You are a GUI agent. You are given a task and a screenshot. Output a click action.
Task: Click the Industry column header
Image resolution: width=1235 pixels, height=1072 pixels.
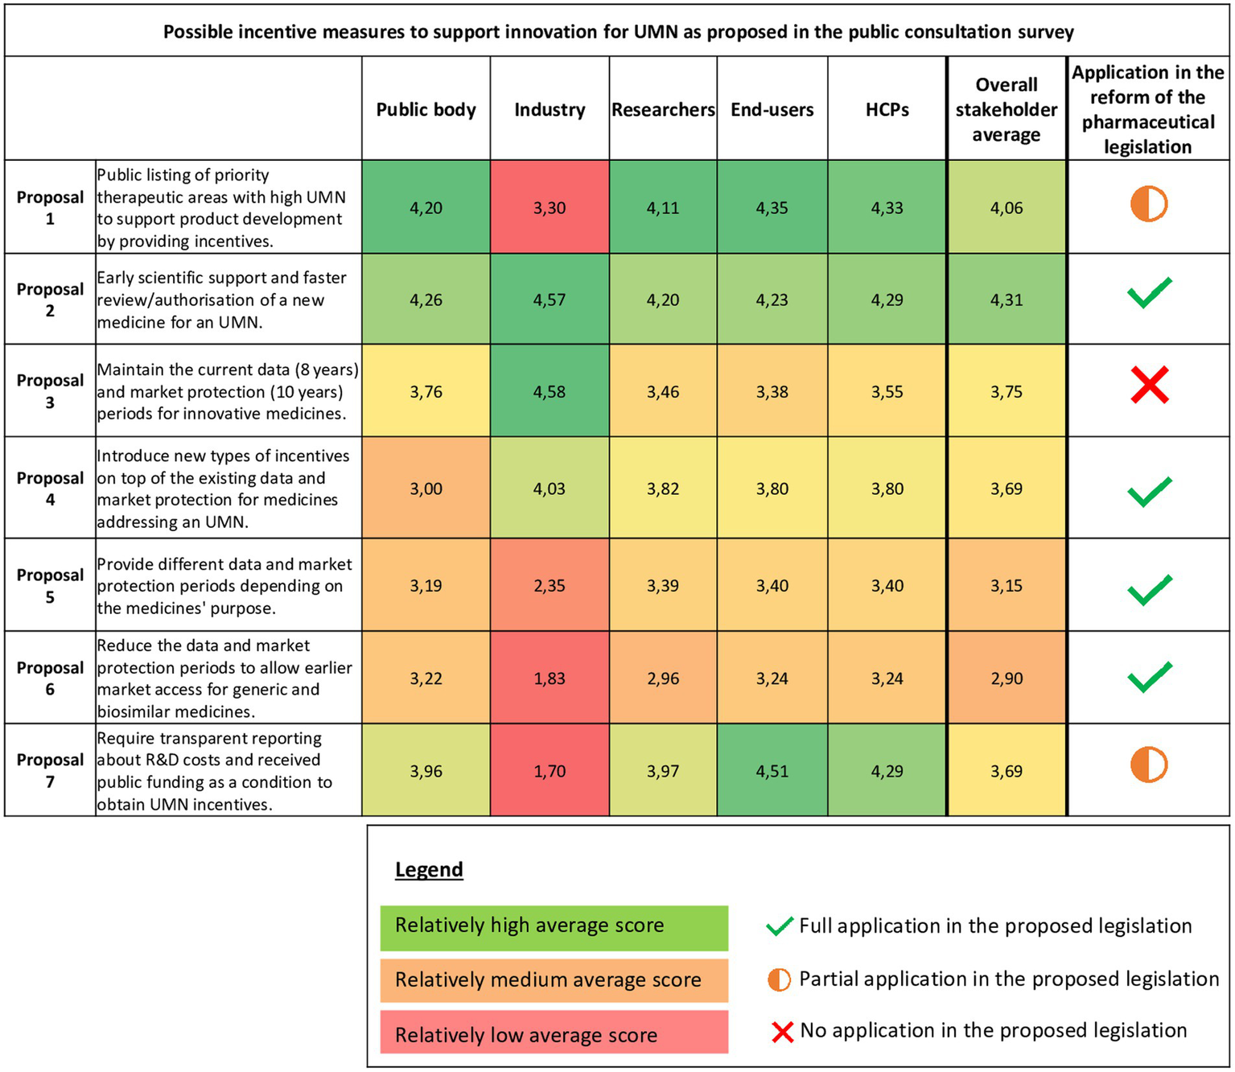(x=550, y=109)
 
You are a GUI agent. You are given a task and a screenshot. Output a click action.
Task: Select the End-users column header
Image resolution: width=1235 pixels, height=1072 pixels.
(x=772, y=109)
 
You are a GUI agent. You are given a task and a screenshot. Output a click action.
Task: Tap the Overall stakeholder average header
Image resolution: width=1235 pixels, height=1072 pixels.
(x=1006, y=109)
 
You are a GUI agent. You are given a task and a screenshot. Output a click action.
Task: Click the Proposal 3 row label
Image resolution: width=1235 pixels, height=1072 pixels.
(x=50, y=391)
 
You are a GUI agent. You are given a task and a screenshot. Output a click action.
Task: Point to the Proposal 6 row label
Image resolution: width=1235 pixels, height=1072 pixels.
(x=50, y=678)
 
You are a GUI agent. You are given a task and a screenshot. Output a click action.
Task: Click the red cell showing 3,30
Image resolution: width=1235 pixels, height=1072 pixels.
(x=550, y=208)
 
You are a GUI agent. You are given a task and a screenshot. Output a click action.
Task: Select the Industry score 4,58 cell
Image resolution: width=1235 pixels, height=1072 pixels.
(x=550, y=392)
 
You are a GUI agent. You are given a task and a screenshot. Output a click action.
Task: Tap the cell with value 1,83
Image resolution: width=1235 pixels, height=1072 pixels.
(x=550, y=678)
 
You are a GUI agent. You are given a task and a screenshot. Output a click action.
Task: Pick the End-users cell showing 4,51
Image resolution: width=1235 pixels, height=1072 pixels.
(x=772, y=771)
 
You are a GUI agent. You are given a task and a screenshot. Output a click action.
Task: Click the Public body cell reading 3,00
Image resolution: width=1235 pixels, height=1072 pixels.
(x=426, y=489)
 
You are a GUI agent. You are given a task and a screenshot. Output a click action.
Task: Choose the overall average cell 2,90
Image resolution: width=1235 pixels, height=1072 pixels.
(x=1007, y=678)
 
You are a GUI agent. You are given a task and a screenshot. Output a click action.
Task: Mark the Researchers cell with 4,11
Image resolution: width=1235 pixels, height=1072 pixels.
(x=663, y=208)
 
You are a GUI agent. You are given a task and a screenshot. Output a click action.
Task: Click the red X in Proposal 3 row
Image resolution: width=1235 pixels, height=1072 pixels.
(x=1149, y=385)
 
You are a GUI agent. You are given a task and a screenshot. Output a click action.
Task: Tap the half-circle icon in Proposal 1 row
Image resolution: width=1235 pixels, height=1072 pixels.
(x=1148, y=204)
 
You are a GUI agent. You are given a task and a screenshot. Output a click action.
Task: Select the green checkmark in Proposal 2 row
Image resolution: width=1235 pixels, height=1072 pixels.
(x=1149, y=293)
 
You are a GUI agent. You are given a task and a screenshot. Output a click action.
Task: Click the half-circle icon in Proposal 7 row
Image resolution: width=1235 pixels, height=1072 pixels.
(x=1148, y=765)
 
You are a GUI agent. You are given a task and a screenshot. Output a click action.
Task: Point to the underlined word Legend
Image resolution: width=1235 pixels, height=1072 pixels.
(x=429, y=870)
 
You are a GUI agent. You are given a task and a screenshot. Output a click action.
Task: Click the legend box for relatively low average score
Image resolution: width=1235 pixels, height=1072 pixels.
(x=554, y=1034)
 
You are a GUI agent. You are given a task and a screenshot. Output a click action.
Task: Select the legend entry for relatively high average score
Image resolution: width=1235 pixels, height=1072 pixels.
(x=554, y=926)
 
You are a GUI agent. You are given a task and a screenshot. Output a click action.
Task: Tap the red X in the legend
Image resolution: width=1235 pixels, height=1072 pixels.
(x=782, y=1032)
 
